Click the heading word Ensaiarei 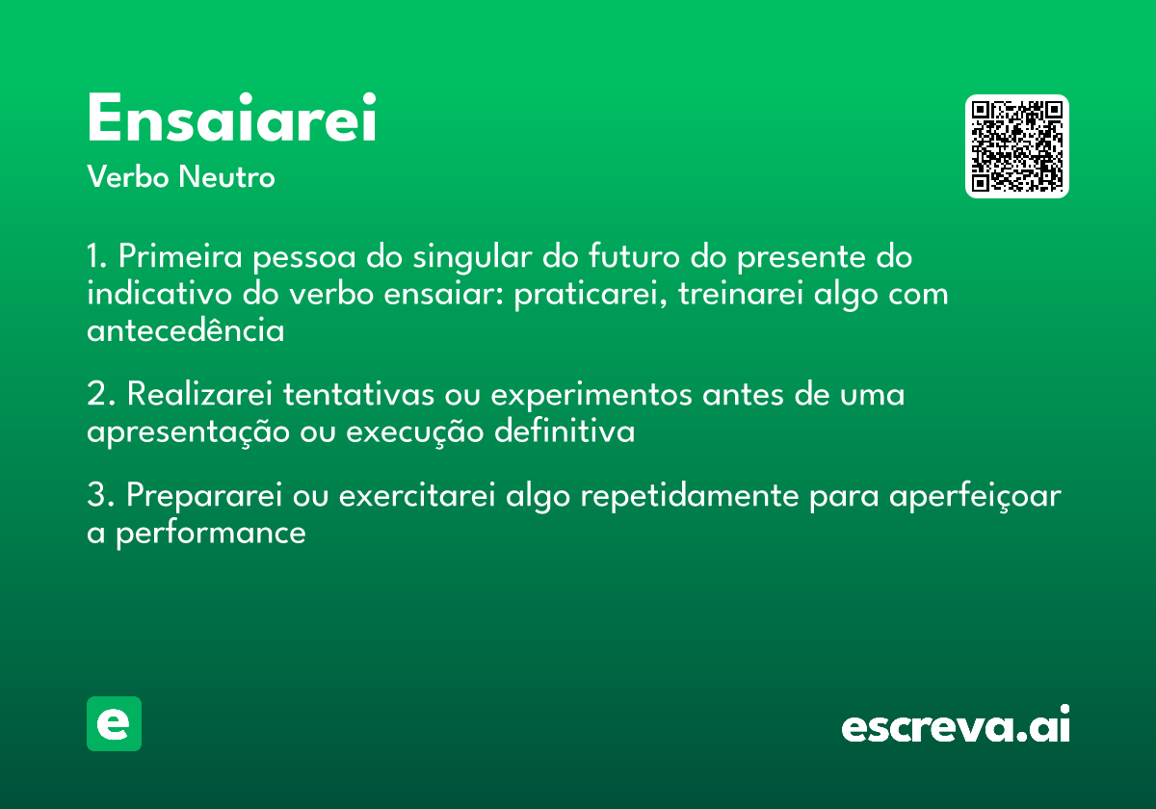coord(231,120)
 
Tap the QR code coord(1017,146)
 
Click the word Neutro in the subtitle coord(227,177)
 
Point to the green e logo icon coord(114,723)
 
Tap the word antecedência coord(185,330)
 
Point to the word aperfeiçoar coord(974,497)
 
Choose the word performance coord(210,533)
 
